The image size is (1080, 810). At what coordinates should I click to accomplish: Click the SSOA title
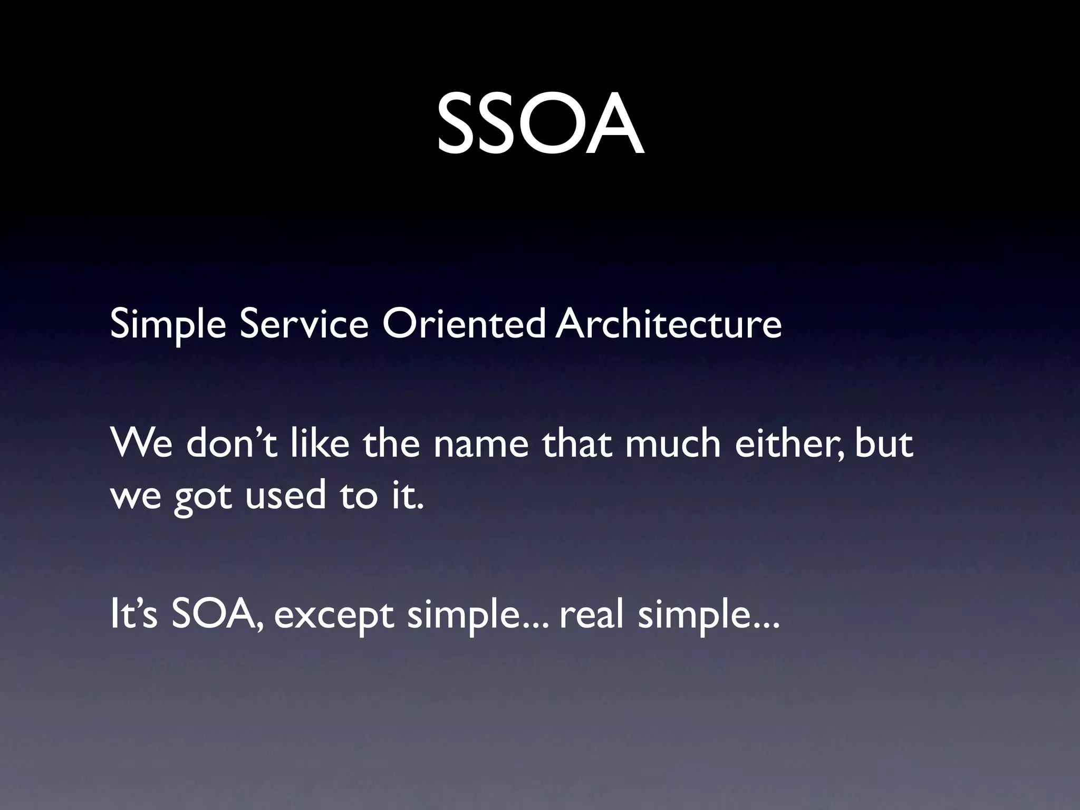(540, 124)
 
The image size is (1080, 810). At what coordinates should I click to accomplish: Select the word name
(480, 444)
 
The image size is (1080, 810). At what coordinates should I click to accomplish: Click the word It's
(133, 615)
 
